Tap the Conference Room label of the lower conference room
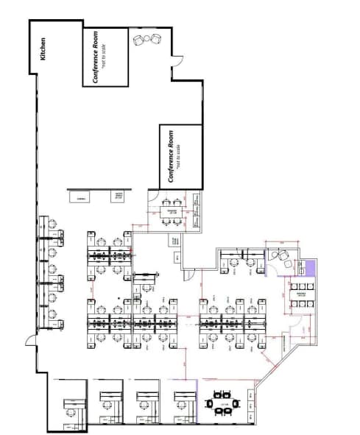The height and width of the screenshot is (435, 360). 172,156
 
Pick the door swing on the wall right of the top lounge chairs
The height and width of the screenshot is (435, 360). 176,64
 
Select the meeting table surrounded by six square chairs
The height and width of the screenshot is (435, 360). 300,292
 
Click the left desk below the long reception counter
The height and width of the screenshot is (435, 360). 79,196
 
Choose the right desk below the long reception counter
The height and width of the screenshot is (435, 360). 118,196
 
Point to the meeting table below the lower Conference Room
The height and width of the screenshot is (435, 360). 173,211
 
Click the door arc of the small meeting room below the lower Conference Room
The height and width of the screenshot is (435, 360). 154,197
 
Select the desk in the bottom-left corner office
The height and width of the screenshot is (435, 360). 71,405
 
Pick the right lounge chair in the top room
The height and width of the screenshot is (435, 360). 155,38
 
